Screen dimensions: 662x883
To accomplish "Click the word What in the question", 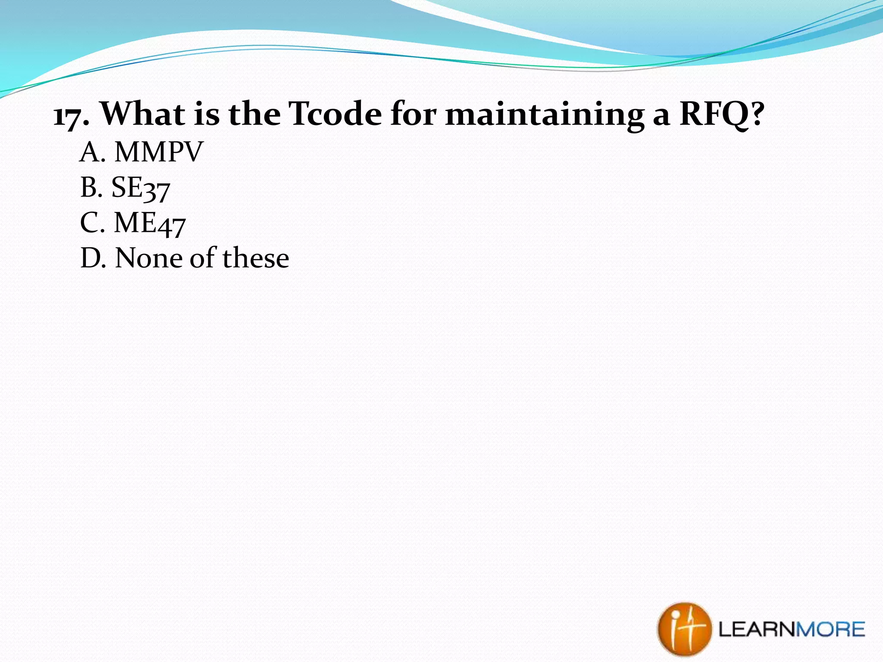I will (143, 114).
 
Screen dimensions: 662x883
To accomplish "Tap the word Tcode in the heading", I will (335, 114).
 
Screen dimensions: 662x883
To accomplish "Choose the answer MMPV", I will (159, 152).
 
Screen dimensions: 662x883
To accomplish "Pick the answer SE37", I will (141, 188).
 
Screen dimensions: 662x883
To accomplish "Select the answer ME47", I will (149, 224).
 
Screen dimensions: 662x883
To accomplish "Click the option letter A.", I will (90, 152).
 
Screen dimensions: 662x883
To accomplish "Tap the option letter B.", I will (89, 188).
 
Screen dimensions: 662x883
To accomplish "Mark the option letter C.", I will (89, 223).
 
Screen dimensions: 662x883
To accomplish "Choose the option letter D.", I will (90, 259).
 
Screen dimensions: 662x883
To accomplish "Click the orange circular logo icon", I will (684, 629).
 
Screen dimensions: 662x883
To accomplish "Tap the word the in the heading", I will (255, 114).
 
